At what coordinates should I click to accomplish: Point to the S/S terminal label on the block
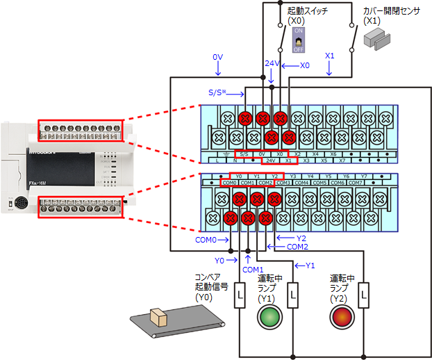point(242,154)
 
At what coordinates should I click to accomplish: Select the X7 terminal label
point(342,161)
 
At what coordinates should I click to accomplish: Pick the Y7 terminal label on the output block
point(363,176)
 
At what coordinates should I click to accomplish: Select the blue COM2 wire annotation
point(297,247)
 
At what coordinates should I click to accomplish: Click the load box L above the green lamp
point(293,295)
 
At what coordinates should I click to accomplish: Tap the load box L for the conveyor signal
point(240,295)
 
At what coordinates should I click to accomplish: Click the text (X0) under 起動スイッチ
point(297,22)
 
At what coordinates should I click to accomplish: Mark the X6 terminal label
point(333,154)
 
